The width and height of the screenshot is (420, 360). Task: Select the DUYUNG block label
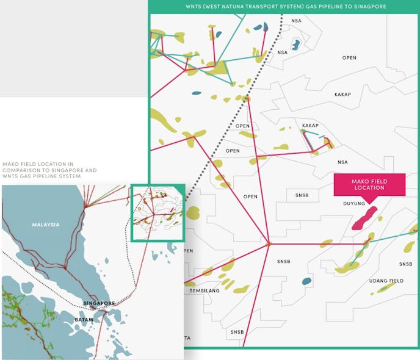point(354,204)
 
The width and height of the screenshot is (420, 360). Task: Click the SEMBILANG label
point(205,291)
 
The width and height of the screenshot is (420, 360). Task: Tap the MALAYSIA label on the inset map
point(46,225)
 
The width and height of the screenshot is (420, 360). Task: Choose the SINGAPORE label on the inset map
point(100,303)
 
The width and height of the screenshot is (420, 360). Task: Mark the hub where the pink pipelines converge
point(268,244)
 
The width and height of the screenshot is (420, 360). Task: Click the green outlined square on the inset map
point(158,213)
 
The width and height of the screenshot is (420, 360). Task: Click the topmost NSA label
point(297,21)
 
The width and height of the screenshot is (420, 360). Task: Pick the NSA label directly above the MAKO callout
point(342,162)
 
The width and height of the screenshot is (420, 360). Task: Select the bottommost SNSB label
point(237,332)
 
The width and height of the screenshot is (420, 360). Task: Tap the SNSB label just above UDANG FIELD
point(406,264)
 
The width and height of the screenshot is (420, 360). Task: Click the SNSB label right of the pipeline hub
point(284,262)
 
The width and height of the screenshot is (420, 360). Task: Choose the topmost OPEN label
point(349,58)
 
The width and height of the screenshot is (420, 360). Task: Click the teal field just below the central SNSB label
point(306,281)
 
